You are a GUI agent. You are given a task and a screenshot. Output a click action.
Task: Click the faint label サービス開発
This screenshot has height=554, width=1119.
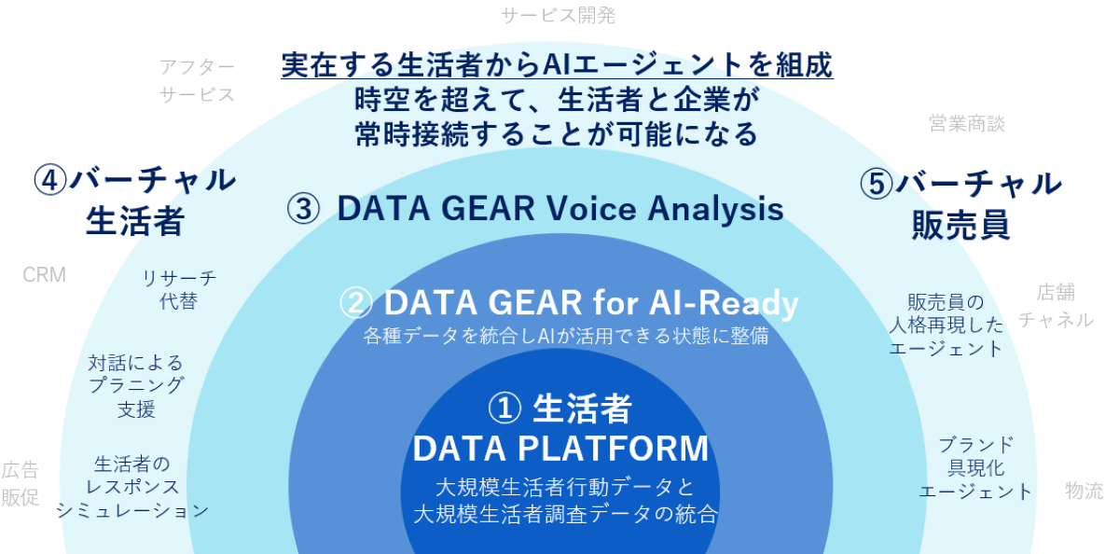(558, 16)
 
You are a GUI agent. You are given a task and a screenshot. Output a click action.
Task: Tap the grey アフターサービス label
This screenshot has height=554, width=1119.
(198, 80)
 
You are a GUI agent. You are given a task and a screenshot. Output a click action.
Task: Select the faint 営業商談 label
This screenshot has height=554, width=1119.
(967, 123)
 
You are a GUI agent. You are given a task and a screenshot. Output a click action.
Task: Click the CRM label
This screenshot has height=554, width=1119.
(45, 275)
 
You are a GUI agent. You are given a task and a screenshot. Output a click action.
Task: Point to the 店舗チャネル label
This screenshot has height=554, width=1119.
(1056, 306)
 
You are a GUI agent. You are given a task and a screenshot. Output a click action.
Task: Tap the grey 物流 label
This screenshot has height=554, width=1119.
(1084, 491)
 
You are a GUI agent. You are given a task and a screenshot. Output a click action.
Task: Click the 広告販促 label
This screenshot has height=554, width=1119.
(20, 483)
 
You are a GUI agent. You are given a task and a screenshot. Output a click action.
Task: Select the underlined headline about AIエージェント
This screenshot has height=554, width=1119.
(557, 65)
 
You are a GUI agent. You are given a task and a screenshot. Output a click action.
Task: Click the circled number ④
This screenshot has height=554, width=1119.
(50, 180)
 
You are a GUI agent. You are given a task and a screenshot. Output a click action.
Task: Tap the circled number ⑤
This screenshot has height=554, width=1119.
(877, 184)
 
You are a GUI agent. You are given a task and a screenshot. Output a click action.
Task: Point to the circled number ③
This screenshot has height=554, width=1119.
(303, 209)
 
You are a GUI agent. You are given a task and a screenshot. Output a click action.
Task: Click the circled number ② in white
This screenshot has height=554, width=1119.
(355, 303)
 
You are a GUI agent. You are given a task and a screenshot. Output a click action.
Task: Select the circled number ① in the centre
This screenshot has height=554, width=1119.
(504, 409)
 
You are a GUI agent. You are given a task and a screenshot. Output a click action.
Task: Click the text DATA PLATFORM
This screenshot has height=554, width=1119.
(560, 448)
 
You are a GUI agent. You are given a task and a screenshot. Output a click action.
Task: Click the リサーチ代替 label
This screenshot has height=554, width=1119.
(179, 290)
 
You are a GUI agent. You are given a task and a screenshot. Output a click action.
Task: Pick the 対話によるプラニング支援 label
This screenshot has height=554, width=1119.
(136, 386)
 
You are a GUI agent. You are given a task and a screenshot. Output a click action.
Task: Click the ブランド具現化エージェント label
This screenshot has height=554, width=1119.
(975, 468)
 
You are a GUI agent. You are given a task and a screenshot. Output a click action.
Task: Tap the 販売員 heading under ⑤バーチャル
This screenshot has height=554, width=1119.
(960, 226)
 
